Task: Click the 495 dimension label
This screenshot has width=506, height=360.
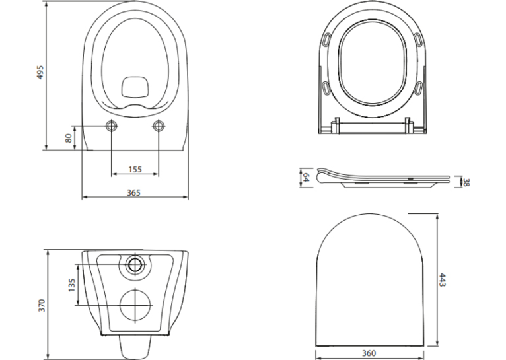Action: point(40,73)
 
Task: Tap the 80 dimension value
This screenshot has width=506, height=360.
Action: point(69,139)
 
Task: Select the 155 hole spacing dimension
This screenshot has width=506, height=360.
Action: point(135,169)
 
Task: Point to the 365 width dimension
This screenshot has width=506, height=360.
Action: point(133,193)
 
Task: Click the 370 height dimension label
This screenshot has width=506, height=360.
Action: point(42,305)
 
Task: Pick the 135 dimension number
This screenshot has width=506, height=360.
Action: point(71,285)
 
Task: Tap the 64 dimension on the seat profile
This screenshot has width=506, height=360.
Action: point(306,177)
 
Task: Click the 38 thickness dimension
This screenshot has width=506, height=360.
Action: point(466,182)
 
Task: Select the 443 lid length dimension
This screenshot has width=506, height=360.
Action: point(443,280)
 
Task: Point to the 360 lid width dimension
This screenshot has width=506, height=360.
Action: point(369,353)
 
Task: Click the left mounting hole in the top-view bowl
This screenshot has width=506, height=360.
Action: point(112,126)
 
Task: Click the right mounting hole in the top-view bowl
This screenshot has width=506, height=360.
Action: point(158,126)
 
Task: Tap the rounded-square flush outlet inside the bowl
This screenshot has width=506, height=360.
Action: point(135,87)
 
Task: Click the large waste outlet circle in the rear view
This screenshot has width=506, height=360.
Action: point(136,305)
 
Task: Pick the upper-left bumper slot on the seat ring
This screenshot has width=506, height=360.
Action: point(327,40)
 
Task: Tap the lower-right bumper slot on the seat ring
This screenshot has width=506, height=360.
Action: point(418,88)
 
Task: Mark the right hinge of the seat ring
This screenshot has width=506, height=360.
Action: point(409,125)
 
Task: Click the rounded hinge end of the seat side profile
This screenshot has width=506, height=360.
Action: point(323,176)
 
